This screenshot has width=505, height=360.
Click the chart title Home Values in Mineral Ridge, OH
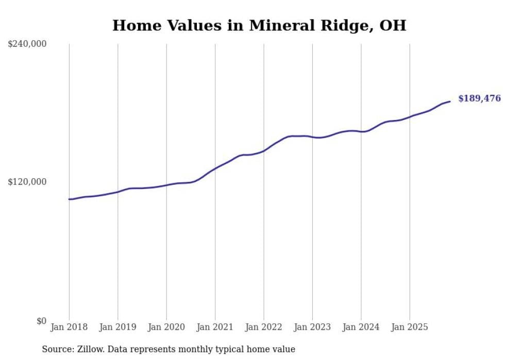click(259, 25)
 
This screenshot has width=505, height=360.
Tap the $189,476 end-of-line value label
click(479, 98)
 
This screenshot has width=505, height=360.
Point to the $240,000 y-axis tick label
click(27, 44)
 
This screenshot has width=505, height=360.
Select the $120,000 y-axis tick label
click(27, 182)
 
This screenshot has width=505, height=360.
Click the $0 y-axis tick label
click(41, 321)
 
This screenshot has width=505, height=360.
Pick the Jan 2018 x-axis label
click(69, 327)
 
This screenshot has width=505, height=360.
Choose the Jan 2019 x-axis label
click(118, 327)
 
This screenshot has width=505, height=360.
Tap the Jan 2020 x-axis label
click(166, 327)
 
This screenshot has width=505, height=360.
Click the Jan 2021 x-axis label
click(215, 327)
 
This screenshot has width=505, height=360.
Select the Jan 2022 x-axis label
click(264, 327)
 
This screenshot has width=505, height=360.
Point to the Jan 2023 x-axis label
click(313, 327)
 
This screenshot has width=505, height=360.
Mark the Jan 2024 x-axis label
click(361, 327)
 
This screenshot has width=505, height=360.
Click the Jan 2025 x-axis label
click(410, 327)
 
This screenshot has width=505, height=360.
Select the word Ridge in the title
click(343, 25)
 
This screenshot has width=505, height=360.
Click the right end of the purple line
click(450, 101)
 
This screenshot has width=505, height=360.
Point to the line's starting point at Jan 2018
click(69, 199)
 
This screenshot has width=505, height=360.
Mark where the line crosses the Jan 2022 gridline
click(264, 150)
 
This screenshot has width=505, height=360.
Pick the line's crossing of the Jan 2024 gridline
click(361, 132)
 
